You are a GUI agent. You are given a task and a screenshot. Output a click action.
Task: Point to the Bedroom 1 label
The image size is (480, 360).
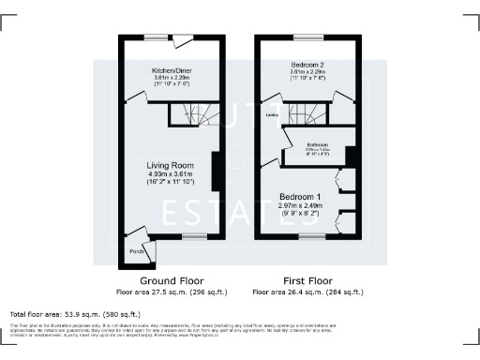click(303, 196)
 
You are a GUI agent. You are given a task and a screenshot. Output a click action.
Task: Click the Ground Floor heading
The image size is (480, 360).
click(172, 281)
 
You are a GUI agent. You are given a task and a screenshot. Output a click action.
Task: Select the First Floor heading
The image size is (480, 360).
click(307, 281)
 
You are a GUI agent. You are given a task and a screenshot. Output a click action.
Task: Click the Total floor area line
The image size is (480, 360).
click(75, 313)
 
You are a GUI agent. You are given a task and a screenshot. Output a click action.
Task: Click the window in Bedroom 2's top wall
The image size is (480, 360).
click(307, 37)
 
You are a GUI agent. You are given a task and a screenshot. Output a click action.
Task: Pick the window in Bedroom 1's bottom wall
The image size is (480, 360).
click(307, 238)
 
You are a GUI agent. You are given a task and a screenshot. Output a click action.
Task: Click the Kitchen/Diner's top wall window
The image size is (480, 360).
click(155, 37)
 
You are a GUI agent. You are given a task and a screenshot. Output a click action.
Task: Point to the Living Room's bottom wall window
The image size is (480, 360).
click(194, 238)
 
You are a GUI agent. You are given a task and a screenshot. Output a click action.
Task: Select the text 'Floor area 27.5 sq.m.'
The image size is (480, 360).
click(149, 292)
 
